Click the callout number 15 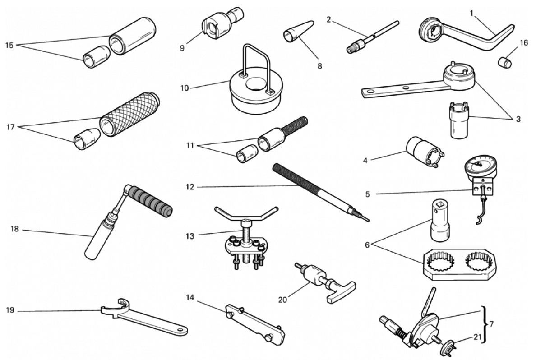click(9, 45)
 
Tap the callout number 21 click(477, 337)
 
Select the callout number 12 click(189, 187)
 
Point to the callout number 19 click(10, 310)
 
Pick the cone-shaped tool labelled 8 click(298, 31)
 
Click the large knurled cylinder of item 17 click(130, 114)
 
